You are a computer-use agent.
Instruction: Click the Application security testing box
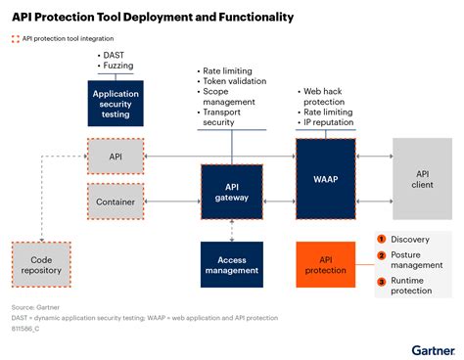pos(116,103)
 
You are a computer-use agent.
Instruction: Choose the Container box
pos(116,202)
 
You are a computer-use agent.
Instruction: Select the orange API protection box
pos(326,265)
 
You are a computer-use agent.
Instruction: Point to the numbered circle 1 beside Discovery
pos(382,239)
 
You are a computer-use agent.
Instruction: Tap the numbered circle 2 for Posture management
pos(382,256)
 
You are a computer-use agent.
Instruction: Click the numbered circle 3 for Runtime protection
pos(382,282)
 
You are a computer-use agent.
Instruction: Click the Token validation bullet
pos(236,81)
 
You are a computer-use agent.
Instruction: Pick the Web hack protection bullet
pos(327,96)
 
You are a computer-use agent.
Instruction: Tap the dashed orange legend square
pos(15,39)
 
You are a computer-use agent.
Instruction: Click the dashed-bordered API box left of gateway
pos(116,155)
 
